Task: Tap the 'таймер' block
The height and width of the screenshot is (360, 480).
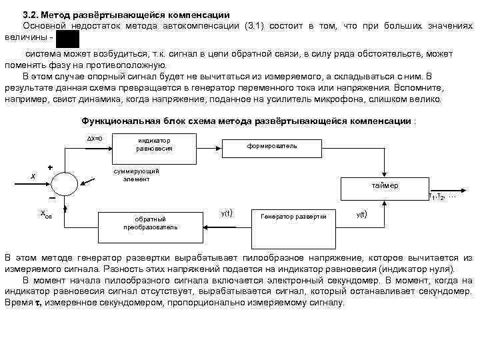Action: pyautogui.click(x=385, y=187)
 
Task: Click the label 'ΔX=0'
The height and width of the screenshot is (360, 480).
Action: pyautogui.click(x=94, y=138)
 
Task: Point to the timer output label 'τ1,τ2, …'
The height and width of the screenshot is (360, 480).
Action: pyautogui.click(x=442, y=197)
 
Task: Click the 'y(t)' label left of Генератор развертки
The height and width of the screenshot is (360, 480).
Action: pyautogui.click(x=226, y=213)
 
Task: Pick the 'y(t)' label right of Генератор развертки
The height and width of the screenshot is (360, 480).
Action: pyautogui.click(x=361, y=214)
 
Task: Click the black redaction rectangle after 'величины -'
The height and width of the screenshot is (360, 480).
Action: pyautogui.click(x=67, y=39)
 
